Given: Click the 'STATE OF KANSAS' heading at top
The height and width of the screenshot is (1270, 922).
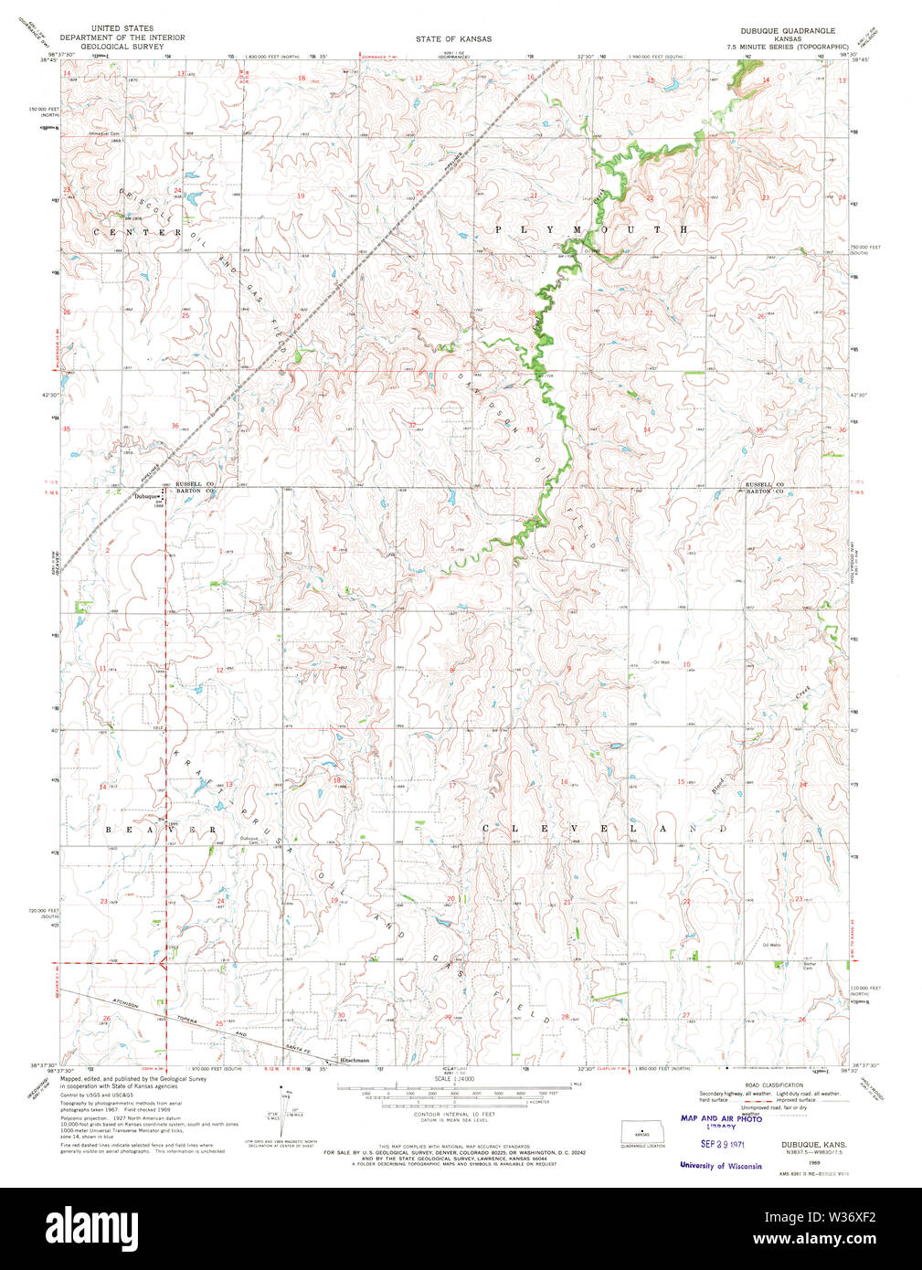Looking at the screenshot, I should [x=453, y=39].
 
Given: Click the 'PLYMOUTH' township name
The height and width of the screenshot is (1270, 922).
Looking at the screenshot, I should [x=591, y=229].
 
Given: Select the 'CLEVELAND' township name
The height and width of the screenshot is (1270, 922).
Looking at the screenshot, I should [x=603, y=828].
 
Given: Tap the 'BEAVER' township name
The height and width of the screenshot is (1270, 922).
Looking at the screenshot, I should [x=161, y=829].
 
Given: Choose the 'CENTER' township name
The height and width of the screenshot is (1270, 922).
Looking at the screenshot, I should [x=137, y=233].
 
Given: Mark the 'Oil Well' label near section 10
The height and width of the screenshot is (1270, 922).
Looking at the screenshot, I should [x=661, y=662].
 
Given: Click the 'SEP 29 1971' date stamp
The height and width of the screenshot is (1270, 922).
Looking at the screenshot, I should [x=721, y=1143].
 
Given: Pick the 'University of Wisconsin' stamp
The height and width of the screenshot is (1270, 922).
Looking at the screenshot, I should [x=720, y=1166].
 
